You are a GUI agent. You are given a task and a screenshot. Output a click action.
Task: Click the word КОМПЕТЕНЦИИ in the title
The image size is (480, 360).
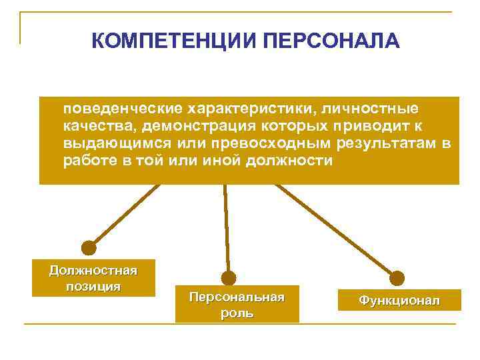coord(175,42)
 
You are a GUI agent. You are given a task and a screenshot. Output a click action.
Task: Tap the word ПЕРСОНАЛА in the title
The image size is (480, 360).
coord(331,42)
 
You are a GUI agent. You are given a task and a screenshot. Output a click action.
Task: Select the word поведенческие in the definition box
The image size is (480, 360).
coord(121,108)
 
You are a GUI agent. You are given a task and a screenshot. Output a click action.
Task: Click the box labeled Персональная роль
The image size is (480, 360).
coord(237,305)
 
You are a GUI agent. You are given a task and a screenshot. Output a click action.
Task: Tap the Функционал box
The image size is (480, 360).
coord(399,300)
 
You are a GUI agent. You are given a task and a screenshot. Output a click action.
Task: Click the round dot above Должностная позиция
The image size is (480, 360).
coord(89,248)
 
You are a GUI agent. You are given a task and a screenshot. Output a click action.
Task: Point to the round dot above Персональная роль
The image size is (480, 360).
coord(229,278)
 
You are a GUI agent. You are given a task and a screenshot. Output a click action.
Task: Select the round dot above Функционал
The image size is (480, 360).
coord(397,278)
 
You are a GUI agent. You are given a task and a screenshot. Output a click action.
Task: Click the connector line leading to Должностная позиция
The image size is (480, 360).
coord(127,215)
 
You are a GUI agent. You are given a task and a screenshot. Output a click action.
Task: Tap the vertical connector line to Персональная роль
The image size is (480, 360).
coord(227,227)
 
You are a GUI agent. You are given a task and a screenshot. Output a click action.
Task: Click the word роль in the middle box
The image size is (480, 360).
coord(237,313)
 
